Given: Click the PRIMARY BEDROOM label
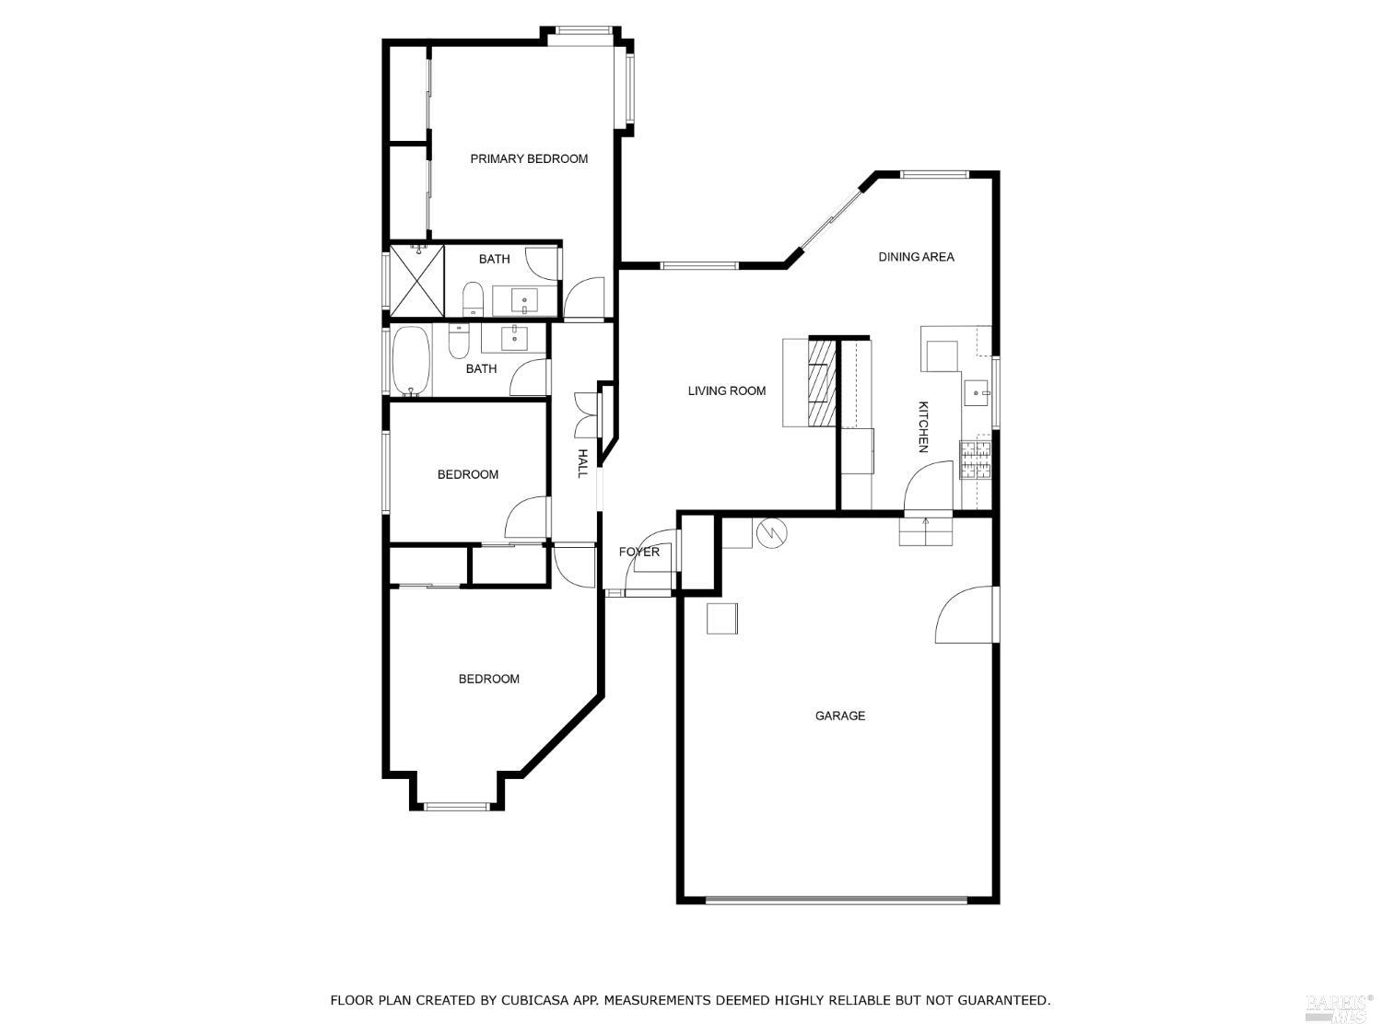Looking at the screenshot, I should tap(529, 158).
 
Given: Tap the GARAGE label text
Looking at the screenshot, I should tap(839, 716).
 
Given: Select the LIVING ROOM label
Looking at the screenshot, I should tap(727, 390).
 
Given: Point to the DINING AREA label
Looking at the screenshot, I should tap(916, 257).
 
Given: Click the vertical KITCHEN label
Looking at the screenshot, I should tap(922, 426).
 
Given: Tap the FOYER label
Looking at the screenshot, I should tap(638, 552).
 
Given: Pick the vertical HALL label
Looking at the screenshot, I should tap(582, 462).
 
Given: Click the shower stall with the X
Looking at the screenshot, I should tap(417, 280).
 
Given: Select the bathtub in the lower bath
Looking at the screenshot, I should tap(412, 360).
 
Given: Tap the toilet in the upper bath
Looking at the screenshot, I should tap(473, 297).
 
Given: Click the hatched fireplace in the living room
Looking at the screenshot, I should tap(823, 383).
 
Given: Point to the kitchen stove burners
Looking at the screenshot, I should tap(976, 460).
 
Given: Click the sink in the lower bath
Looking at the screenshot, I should tap(514, 338).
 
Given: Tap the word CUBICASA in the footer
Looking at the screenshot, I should tap(539, 1000).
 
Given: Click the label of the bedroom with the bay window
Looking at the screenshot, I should tap(489, 679).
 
